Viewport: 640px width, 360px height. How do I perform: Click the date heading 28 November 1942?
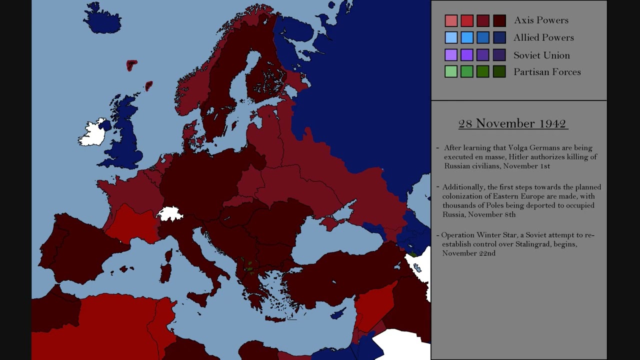point(512,123)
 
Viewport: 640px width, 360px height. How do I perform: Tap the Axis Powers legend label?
point(541,20)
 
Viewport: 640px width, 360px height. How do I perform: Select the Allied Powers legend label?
point(543,37)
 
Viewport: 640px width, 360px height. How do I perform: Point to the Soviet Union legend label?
point(541,55)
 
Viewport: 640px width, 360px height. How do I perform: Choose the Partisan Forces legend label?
point(547,72)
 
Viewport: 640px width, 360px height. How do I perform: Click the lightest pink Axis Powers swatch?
point(451,20)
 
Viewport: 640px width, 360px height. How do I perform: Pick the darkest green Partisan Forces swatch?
point(499,72)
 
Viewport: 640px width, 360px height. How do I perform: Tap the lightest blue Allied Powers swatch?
point(451,37)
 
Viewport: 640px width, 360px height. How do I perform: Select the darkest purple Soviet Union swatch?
point(499,55)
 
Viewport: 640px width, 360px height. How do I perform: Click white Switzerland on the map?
point(170,214)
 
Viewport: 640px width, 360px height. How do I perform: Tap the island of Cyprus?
point(338,314)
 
